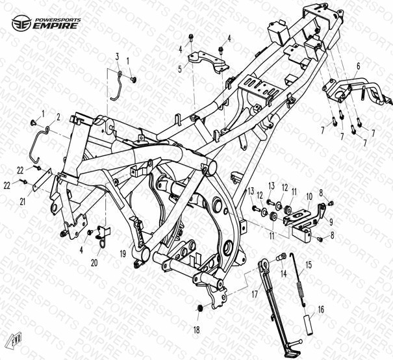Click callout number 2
(58, 117)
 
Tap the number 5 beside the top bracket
(181, 67)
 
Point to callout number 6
(357, 65)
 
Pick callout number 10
(309, 196)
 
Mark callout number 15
(309, 264)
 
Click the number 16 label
(320, 311)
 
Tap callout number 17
(246, 294)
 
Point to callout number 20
(94, 263)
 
